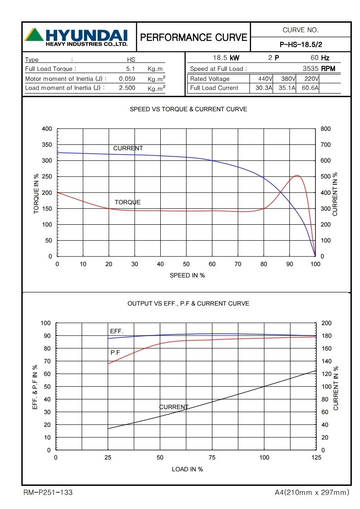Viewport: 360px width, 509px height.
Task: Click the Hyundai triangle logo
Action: [34, 34]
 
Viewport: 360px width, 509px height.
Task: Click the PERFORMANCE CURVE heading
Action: [194, 37]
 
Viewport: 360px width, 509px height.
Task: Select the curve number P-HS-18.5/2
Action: [301, 44]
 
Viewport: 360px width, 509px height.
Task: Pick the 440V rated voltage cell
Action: [261, 79]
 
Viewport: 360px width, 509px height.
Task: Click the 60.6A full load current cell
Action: [310, 88]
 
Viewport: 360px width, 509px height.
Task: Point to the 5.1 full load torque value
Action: [131, 69]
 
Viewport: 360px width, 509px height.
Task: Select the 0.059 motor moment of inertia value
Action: [127, 79]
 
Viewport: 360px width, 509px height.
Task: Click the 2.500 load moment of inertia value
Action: [127, 88]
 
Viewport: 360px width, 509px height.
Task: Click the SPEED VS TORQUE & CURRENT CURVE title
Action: [188, 109]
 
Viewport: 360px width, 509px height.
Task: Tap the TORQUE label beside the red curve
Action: [128, 202]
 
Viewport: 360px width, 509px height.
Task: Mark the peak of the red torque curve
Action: [297, 175]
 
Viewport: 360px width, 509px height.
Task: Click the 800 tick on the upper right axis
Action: [325, 129]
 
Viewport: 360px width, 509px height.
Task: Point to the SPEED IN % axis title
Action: [187, 275]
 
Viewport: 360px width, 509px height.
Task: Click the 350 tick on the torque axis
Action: [47, 145]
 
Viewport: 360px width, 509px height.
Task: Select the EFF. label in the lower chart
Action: [117, 331]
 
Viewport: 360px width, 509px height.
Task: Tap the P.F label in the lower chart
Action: [115, 352]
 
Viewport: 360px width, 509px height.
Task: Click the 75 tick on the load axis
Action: [212, 458]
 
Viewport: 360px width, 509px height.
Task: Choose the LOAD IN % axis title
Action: [187, 469]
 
